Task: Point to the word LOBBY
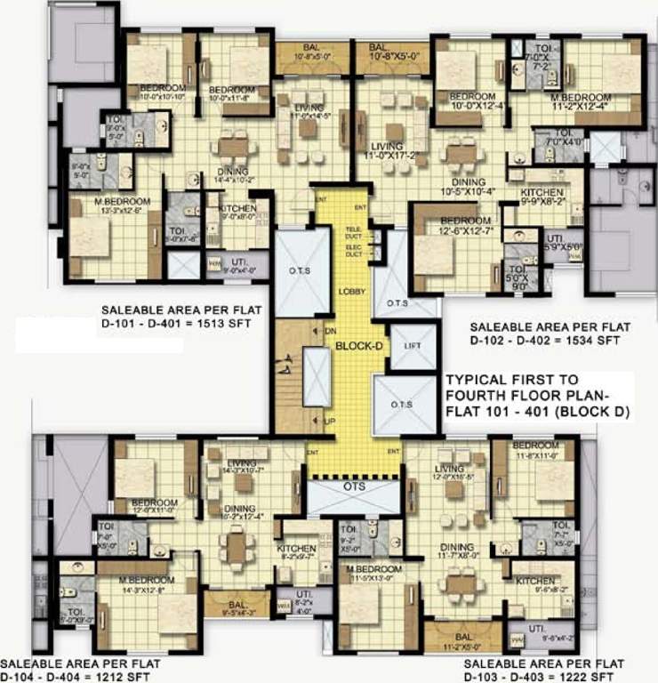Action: [x=351, y=291]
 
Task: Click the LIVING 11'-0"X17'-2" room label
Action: [x=388, y=150]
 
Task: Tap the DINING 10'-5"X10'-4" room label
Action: [x=466, y=187]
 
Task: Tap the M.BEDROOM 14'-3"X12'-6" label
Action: [x=146, y=584]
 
